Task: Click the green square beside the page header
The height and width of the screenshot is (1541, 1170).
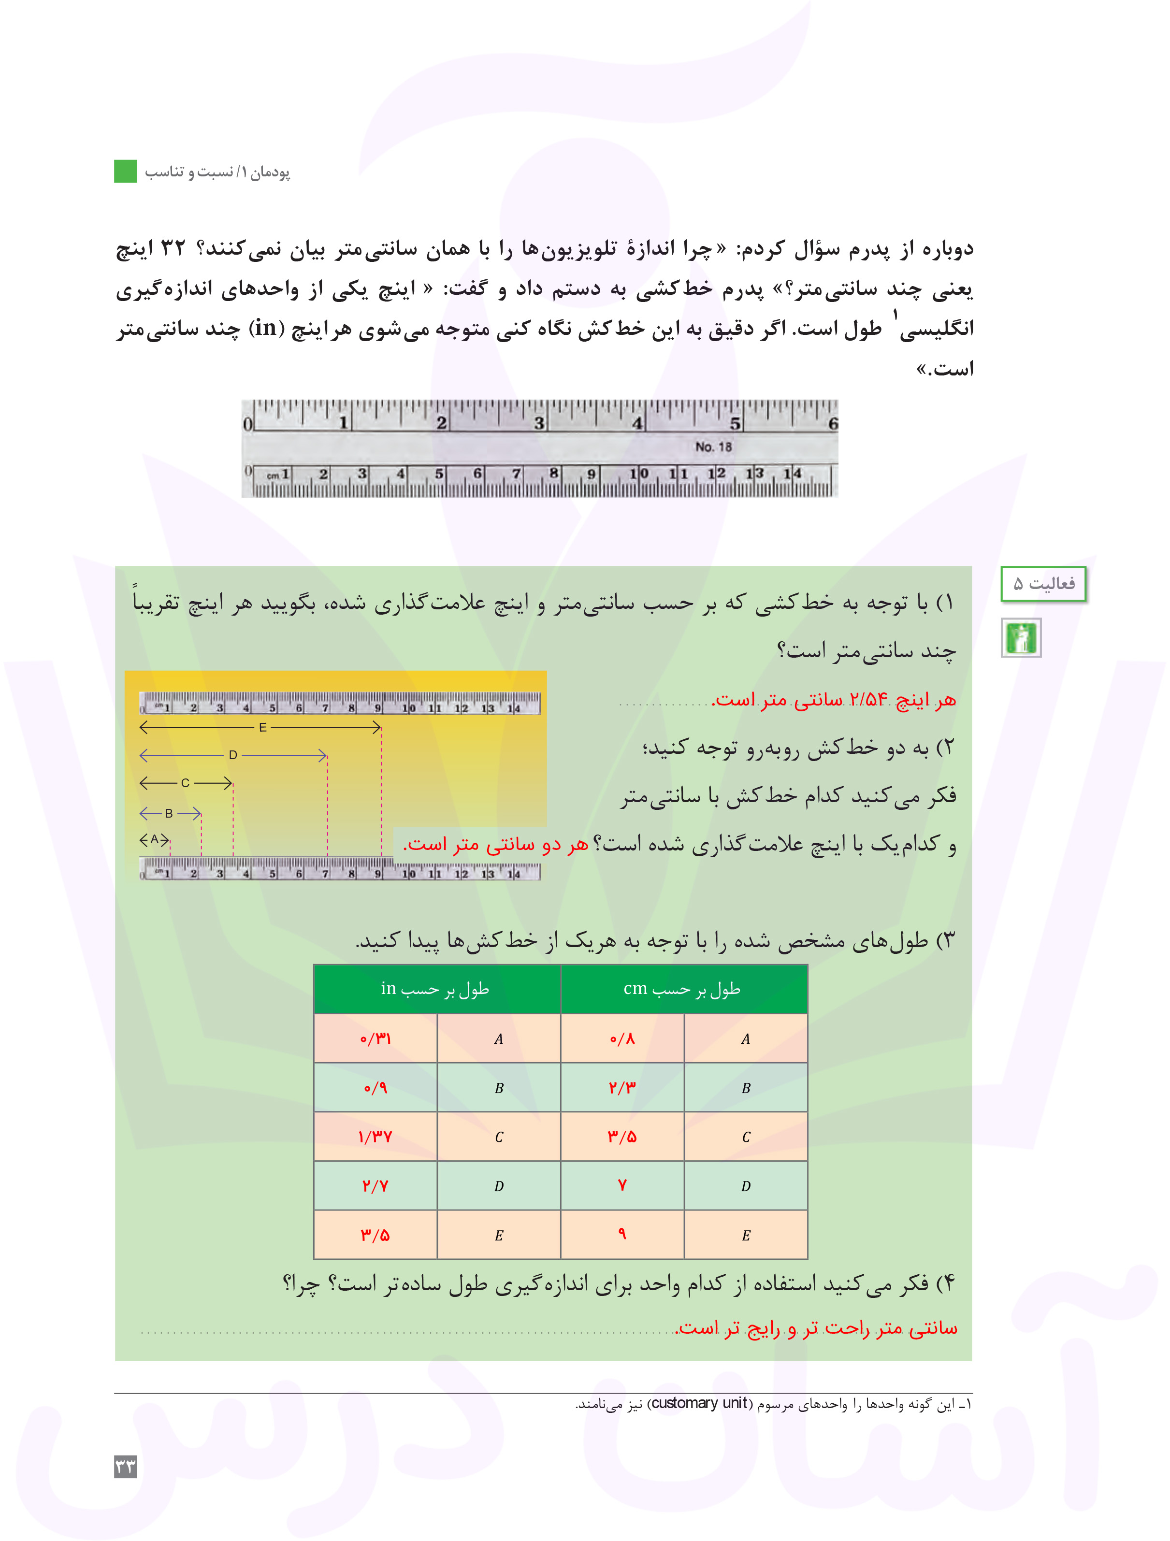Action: tap(126, 172)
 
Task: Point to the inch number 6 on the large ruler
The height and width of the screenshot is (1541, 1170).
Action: tap(832, 423)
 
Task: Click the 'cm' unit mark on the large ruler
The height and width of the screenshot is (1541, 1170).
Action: tap(273, 476)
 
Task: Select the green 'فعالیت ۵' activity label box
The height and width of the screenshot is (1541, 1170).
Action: tap(1043, 584)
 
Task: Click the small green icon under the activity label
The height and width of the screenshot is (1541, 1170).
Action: tap(1021, 637)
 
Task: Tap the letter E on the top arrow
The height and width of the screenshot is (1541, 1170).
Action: tap(263, 727)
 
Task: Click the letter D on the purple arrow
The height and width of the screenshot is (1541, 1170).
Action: tap(233, 755)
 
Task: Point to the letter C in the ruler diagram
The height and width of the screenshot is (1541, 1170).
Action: tap(186, 783)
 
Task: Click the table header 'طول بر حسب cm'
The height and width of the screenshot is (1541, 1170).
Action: tap(682, 989)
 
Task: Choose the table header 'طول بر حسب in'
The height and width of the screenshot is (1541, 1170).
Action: tap(435, 989)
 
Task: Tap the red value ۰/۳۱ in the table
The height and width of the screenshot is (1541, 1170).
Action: tap(375, 1039)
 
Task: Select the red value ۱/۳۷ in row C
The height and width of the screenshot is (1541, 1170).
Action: tap(375, 1137)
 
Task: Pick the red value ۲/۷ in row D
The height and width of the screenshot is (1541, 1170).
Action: tap(375, 1186)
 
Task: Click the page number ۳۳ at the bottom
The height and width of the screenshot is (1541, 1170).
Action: tap(126, 1467)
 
